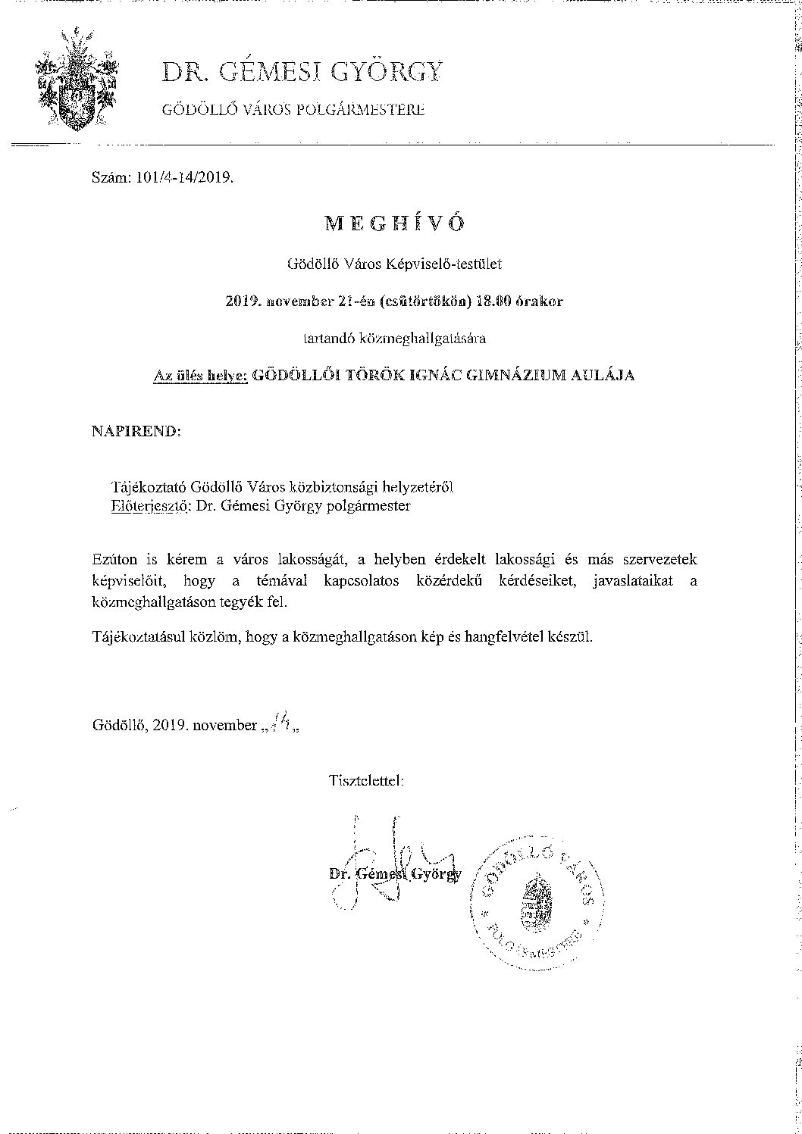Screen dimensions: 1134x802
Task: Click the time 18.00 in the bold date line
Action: tap(493, 301)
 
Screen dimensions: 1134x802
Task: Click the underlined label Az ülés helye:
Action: tap(200, 375)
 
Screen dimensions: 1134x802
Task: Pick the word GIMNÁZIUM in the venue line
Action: tap(528, 375)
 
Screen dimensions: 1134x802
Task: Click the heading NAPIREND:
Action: tap(136, 431)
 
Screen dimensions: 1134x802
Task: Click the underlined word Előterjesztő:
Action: tap(150, 505)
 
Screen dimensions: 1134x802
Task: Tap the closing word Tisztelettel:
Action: tap(366, 779)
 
